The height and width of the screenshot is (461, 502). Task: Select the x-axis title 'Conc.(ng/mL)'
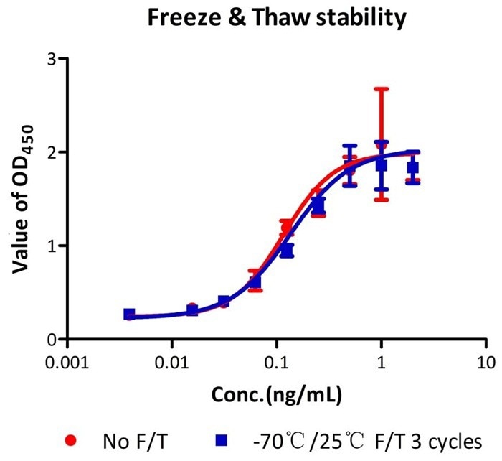click(x=275, y=394)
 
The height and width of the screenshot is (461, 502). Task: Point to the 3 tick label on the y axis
click(x=49, y=59)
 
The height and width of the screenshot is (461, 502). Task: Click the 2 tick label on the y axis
click(x=49, y=152)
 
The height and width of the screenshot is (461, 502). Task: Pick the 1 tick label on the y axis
click(x=49, y=246)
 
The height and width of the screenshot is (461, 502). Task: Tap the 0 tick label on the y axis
click(x=49, y=339)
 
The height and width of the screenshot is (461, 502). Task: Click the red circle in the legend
click(x=69, y=439)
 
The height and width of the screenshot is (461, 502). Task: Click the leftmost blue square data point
click(x=129, y=314)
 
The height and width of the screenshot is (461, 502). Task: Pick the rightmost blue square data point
click(x=413, y=168)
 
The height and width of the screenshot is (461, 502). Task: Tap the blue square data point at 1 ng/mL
click(x=382, y=166)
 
